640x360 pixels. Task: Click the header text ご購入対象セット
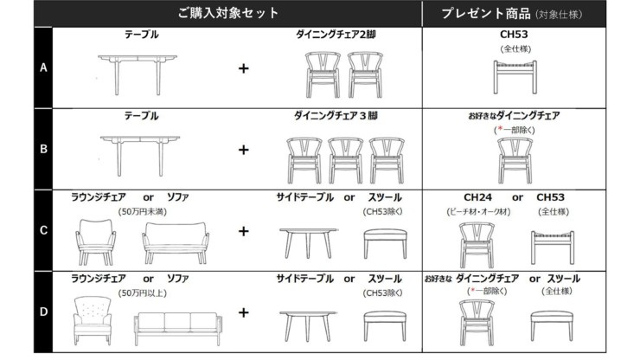click(x=227, y=13)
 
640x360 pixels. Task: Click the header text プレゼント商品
click(x=486, y=14)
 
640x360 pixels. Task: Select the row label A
click(x=43, y=67)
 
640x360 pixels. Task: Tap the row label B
click(x=43, y=149)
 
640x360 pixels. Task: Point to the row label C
click(x=43, y=230)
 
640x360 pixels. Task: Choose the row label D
click(x=43, y=312)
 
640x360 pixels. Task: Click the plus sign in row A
click(x=243, y=68)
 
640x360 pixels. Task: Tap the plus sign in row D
click(x=243, y=312)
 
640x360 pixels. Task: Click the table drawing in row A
click(x=138, y=74)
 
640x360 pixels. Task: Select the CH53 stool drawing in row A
click(x=515, y=77)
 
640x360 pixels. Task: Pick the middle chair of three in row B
click(x=345, y=160)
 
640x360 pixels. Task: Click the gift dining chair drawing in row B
click(x=515, y=160)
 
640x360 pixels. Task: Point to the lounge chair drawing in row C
click(x=95, y=242)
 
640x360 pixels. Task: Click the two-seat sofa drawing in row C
click(x=176, y=242)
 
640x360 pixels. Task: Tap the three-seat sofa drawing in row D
click(x=178, y=329)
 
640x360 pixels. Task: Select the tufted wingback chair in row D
click(x=93, y=320)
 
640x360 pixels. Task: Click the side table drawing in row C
click(x=309, y=243)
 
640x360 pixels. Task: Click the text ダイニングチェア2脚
click(x=336, y=35)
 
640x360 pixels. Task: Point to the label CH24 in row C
click(x=477, y=197)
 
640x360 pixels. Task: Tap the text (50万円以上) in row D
click(x=143, y=293)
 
